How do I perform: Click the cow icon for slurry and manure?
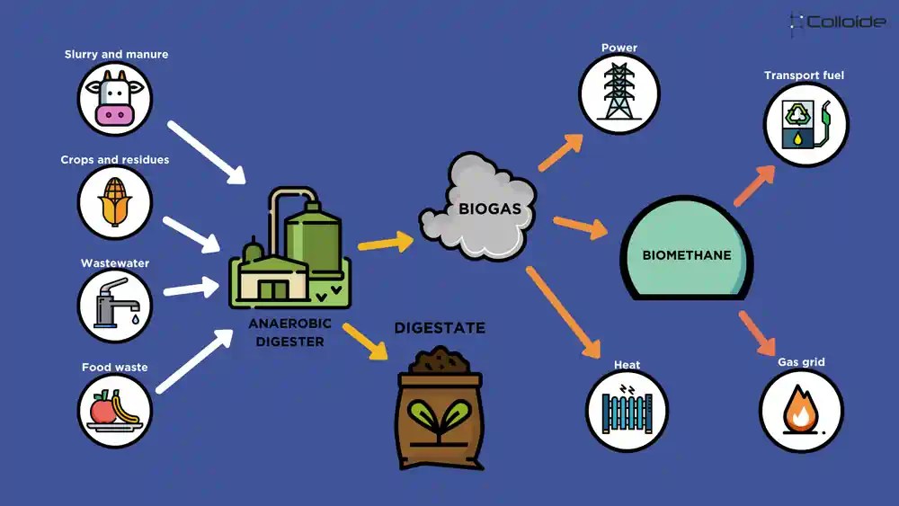click(114, 99)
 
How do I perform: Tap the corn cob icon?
click(114, 202)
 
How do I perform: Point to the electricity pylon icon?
click(619, 93)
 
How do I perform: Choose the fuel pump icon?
click(806, 124)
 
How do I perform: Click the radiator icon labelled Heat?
click(627, 410)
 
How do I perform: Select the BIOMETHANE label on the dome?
click(686, 255)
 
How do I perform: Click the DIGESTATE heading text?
click(440, 328)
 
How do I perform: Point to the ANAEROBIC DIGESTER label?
click(290, 332)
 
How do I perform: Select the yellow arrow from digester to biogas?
click(385, 242)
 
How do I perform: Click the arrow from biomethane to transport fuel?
click(752, 186)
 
